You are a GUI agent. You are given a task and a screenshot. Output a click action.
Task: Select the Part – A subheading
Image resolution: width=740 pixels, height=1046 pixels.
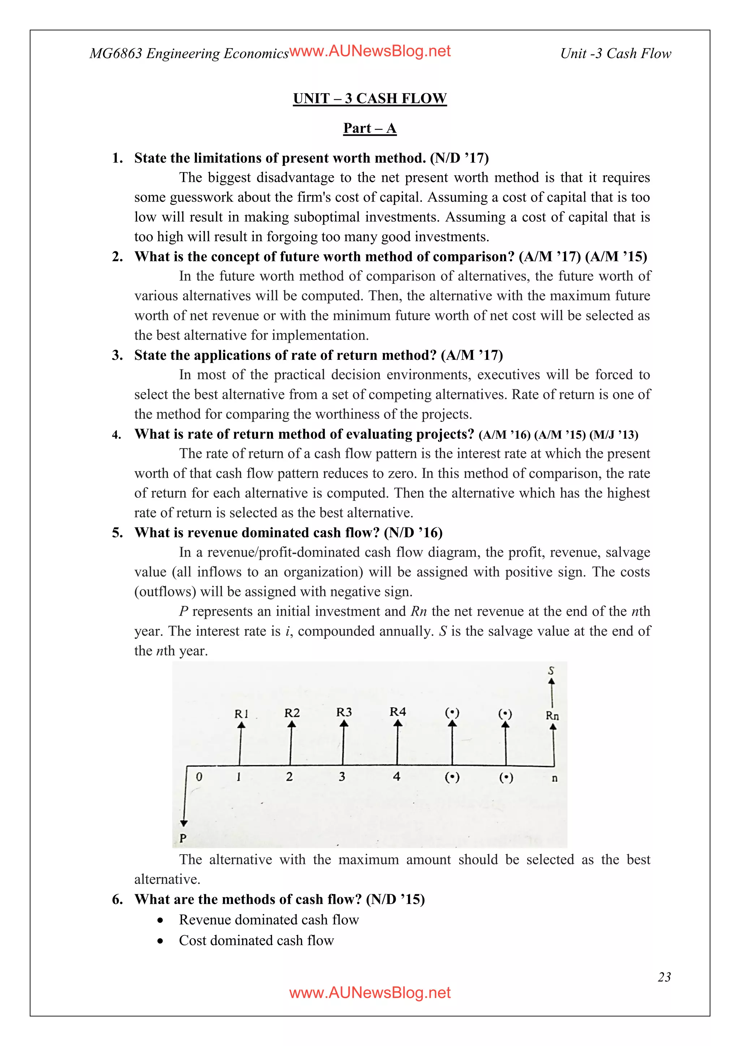point(370,129)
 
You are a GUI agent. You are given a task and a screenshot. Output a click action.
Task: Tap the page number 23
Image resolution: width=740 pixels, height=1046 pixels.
point(664,977)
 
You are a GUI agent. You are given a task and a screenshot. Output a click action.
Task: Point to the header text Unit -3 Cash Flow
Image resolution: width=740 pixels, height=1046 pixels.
point(615,54)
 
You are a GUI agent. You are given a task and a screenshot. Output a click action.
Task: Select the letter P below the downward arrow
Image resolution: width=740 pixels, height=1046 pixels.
point(183,838)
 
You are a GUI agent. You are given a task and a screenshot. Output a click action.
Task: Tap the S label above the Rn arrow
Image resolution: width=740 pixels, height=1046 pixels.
point(551,671)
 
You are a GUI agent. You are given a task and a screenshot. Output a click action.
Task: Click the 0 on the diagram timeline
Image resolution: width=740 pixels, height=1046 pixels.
point(199,777)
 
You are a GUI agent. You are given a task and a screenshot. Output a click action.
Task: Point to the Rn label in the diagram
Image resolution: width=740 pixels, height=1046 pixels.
point(552,716)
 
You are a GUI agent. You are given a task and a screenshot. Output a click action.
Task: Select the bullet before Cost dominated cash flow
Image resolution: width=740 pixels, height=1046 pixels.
point(160,941)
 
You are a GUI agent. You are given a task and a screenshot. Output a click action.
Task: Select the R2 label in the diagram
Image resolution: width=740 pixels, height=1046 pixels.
point(292,713)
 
